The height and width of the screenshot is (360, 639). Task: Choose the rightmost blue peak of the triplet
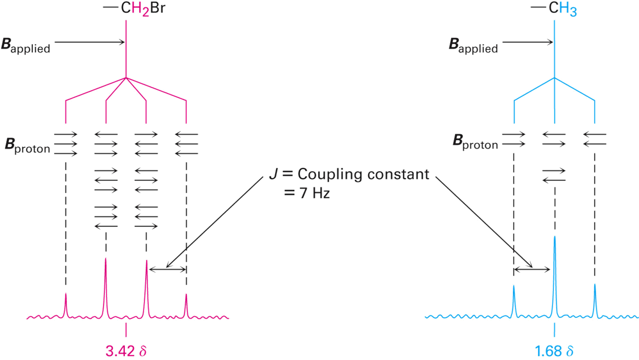tap(594, 299)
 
